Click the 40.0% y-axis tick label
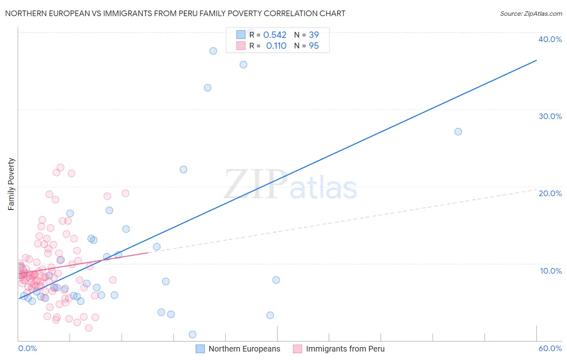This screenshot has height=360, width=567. (550, 39)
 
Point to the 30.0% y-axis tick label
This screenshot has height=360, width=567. (550, 116)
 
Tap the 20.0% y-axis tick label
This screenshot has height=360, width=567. (550, 193)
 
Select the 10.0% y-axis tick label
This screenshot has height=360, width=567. (551, 271)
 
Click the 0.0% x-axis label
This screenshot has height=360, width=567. (27, 348)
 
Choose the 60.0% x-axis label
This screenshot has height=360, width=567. (550, 348)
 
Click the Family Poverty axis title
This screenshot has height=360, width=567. (11, 184)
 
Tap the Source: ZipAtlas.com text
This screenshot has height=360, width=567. (531, 14)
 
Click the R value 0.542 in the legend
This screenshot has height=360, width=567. (275, 35)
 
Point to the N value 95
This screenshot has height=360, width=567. (314, 46)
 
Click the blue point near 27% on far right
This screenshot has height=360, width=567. (458, 132)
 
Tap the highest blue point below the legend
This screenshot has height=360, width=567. (213, 51)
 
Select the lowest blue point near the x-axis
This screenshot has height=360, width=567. (192, 335)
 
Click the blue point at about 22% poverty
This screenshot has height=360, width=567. (183, 170)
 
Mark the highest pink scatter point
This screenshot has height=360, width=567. (60, 167)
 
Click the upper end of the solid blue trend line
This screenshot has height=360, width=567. (536, 60)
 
